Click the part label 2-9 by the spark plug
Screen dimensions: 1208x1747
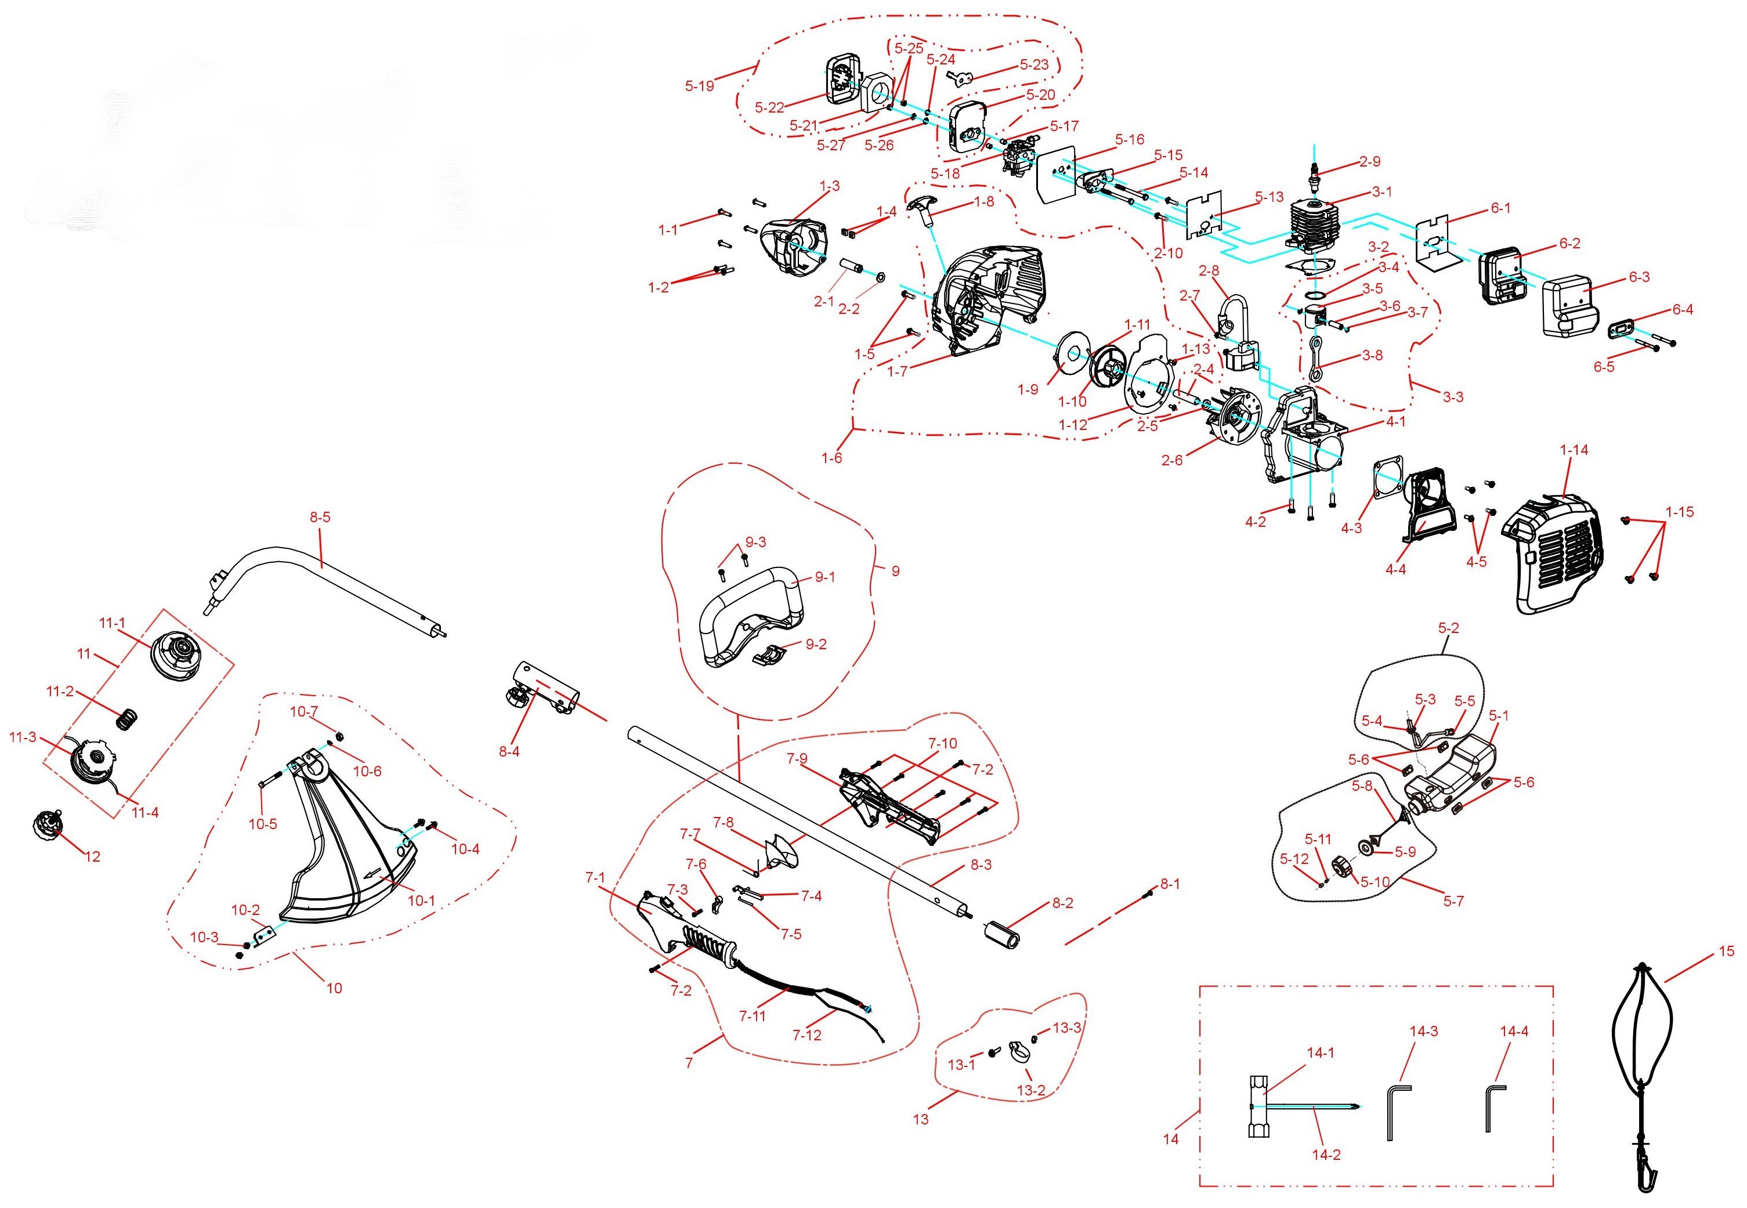click(1370, 161)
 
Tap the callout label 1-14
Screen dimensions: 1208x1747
click(1574, 450)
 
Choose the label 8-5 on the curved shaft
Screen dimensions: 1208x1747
click(320, 518)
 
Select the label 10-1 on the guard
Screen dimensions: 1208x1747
click(422, 900)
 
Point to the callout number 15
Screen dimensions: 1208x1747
click(1727, 952)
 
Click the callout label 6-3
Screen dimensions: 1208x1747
click(1640, 277)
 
